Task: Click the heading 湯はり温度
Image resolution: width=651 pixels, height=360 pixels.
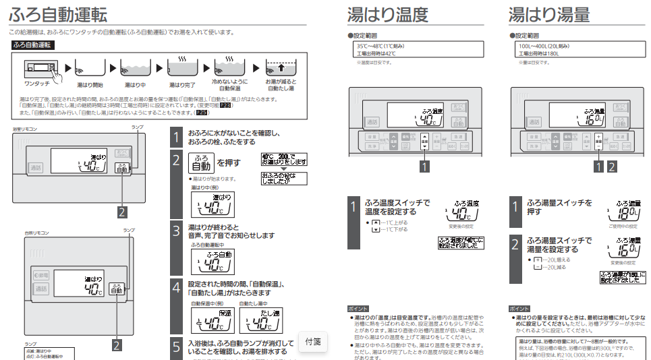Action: point(387,14)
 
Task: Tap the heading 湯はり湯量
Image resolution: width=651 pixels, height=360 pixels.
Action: point(549,14)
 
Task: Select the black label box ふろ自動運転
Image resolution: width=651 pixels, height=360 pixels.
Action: point(33,45)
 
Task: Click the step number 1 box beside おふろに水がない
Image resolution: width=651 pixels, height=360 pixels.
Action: point(175,138)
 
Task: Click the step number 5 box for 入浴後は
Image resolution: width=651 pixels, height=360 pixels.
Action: point(175,347)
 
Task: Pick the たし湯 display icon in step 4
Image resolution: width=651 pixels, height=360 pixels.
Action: point(259,320)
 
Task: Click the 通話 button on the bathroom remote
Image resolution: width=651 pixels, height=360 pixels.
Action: point(35,168)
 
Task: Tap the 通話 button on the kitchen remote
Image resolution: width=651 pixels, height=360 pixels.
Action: point(41,289)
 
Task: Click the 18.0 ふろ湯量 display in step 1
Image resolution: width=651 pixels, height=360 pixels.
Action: point(628,211)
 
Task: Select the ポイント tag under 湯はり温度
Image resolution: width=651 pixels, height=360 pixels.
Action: point(358,307)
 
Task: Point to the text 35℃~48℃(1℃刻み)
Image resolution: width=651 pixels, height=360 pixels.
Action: point(380,46)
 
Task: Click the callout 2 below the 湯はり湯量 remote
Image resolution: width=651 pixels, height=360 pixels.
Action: point(612,164)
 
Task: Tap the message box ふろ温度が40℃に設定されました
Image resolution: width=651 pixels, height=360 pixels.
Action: point(461,243)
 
